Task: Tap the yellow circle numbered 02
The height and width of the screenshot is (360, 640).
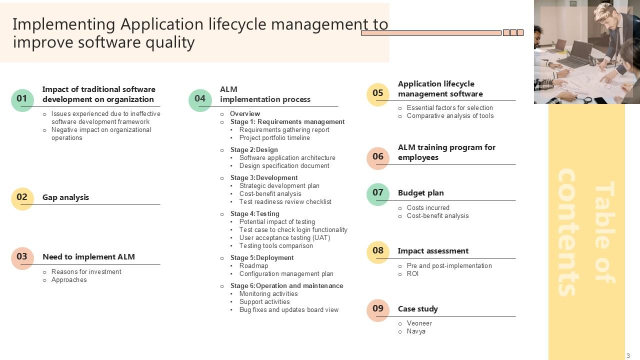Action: (22, 198)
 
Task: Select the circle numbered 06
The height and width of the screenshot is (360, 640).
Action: (378, 157)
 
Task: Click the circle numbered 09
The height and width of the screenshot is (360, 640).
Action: (378, 309)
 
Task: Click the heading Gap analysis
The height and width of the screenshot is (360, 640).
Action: (65, 197)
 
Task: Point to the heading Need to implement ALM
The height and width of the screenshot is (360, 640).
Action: (88, 257)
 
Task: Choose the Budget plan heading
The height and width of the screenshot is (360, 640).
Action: (420, 193)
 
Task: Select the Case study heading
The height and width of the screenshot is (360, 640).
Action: (417, 309)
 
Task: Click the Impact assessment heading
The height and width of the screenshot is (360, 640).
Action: (433, 251)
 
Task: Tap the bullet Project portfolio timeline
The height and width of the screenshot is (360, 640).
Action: (274, 138)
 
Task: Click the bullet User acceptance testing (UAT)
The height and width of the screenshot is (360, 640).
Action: (284, 238)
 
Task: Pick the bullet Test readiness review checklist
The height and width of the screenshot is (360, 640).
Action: (285, 202)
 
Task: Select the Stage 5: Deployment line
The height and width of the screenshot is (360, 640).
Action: (262, 258)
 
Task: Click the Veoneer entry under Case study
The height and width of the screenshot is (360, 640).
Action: (419, 323)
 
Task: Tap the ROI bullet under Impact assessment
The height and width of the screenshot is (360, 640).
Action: (412, 274)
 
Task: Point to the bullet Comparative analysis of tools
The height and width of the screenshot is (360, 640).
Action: (450, 116)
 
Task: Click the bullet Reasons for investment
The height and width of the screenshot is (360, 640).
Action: (86, 272)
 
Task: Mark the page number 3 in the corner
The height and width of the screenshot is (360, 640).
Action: (628, 356)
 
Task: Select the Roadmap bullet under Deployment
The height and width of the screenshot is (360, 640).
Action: (253, 266)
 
